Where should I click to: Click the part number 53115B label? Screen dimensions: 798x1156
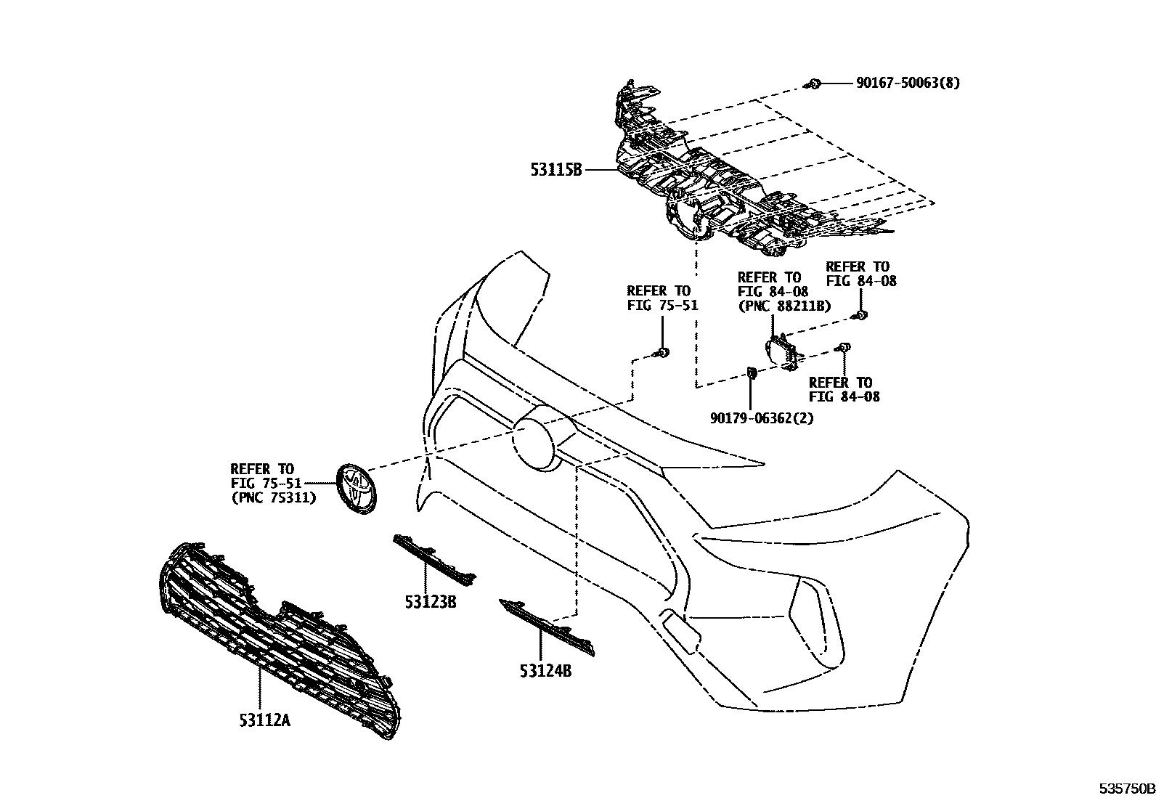coord(555,171)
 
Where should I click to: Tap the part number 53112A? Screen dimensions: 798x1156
coord(264,720)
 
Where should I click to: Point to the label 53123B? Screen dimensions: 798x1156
coord(431,602)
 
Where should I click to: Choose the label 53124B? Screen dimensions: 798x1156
coord(545,672)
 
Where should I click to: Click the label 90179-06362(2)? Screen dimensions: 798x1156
coord(762,419)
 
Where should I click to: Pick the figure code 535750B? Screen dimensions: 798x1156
coord(1125,789)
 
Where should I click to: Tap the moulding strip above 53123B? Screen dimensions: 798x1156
coord(434,561)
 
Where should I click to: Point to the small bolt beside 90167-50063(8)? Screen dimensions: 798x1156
coord(814,84)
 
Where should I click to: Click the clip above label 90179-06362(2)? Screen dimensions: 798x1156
coord(752,373)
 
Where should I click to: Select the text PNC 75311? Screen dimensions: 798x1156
coord(273,498)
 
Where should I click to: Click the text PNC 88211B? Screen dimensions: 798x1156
coord(784,306)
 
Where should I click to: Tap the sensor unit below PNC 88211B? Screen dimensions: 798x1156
coord(784,352)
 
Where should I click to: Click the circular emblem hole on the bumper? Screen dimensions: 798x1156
coord(541,437)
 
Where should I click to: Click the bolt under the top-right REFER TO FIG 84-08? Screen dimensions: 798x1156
coord(860,314)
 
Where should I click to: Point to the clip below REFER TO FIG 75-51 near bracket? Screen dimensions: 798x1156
coord(662,353)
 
